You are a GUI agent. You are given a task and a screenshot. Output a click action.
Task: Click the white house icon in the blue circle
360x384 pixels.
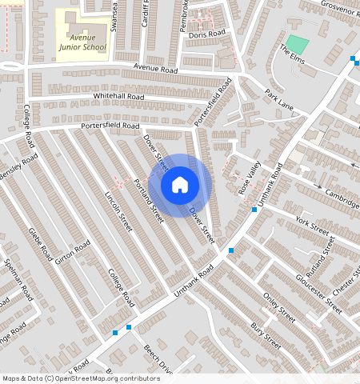coord(180,185)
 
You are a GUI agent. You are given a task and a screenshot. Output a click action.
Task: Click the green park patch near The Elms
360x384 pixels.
coord(297,43)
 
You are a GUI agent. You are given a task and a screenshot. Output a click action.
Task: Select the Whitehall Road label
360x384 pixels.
coord(118,96)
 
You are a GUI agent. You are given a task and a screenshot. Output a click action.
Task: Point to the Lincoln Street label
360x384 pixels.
coord(118,211)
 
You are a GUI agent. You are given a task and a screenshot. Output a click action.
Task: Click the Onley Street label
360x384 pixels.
coord(280,307)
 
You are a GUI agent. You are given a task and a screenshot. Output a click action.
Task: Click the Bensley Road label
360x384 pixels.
coord(19,169)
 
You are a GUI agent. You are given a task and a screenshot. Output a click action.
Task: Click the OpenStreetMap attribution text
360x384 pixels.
coord(81,378)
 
